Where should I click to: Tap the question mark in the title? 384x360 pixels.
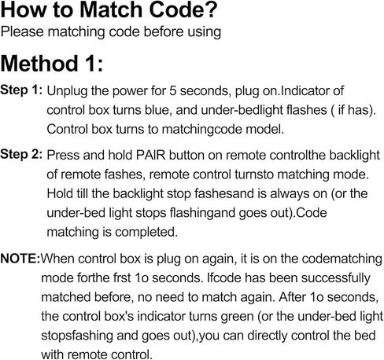point(209,10)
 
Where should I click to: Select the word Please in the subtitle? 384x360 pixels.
point(22,31)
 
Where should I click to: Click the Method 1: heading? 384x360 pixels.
point(52,64)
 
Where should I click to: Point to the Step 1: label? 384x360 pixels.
point(21,90)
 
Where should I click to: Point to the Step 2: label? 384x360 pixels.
point(21,154)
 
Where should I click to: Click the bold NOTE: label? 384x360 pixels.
point(20,259)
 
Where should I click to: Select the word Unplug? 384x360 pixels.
point(67,91)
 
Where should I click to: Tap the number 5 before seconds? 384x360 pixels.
point(172,90)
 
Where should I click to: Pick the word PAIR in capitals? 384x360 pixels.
point(150,155)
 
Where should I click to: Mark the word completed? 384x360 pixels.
point(146,233)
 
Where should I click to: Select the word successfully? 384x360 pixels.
point(336,278)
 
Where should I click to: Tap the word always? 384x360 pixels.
point(287,194)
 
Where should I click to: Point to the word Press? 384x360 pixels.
point(64,155)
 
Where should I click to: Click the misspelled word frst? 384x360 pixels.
point(122,278)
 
